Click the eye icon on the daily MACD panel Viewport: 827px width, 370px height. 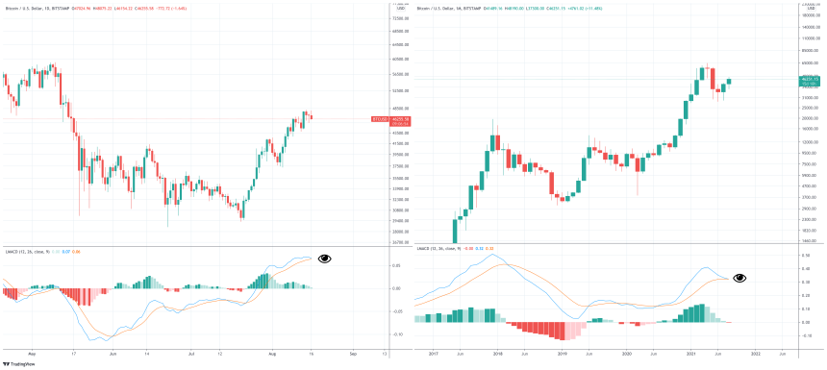pos(325,259)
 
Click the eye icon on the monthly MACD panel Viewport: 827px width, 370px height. pos(739,278)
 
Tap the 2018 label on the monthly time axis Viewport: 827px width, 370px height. pos(498,354)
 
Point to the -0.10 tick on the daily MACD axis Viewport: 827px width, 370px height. pos(397,333)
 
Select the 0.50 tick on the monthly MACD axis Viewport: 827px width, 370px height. pos(807,257)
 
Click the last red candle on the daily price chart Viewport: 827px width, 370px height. pos(311,116)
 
